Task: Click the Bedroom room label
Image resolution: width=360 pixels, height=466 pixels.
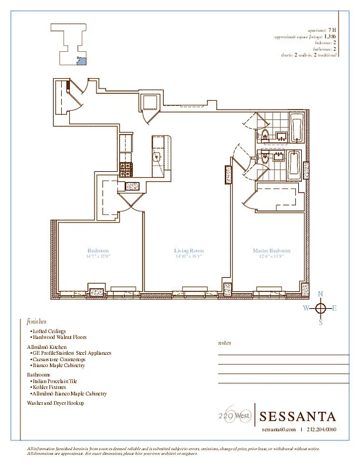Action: [98, 251]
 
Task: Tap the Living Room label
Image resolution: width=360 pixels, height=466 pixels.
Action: [189, 251]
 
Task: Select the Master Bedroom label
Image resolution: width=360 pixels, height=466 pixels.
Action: [271, 251]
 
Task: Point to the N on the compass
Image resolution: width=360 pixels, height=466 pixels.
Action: [320, 294]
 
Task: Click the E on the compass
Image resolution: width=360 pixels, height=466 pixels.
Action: [334, 308]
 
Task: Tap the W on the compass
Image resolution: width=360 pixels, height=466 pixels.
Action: [306, 308]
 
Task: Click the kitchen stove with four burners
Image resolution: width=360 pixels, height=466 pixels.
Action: [126, 169]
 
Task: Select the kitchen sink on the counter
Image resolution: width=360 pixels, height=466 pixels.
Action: [157, 157]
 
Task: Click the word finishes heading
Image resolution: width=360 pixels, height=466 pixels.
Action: [37, 321]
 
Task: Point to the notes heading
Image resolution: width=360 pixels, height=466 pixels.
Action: [224, 343]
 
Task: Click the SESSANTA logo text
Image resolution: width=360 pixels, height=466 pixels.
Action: [298, 416]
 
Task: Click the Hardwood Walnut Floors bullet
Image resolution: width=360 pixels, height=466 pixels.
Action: [58, 337]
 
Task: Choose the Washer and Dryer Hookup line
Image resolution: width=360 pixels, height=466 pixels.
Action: [55, 403]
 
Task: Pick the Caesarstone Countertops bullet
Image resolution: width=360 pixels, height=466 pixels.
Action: [58, 359]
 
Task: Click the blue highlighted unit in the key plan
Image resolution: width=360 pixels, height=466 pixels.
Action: [82, 59]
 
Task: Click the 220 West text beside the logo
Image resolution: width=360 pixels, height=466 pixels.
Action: [231, 416]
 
